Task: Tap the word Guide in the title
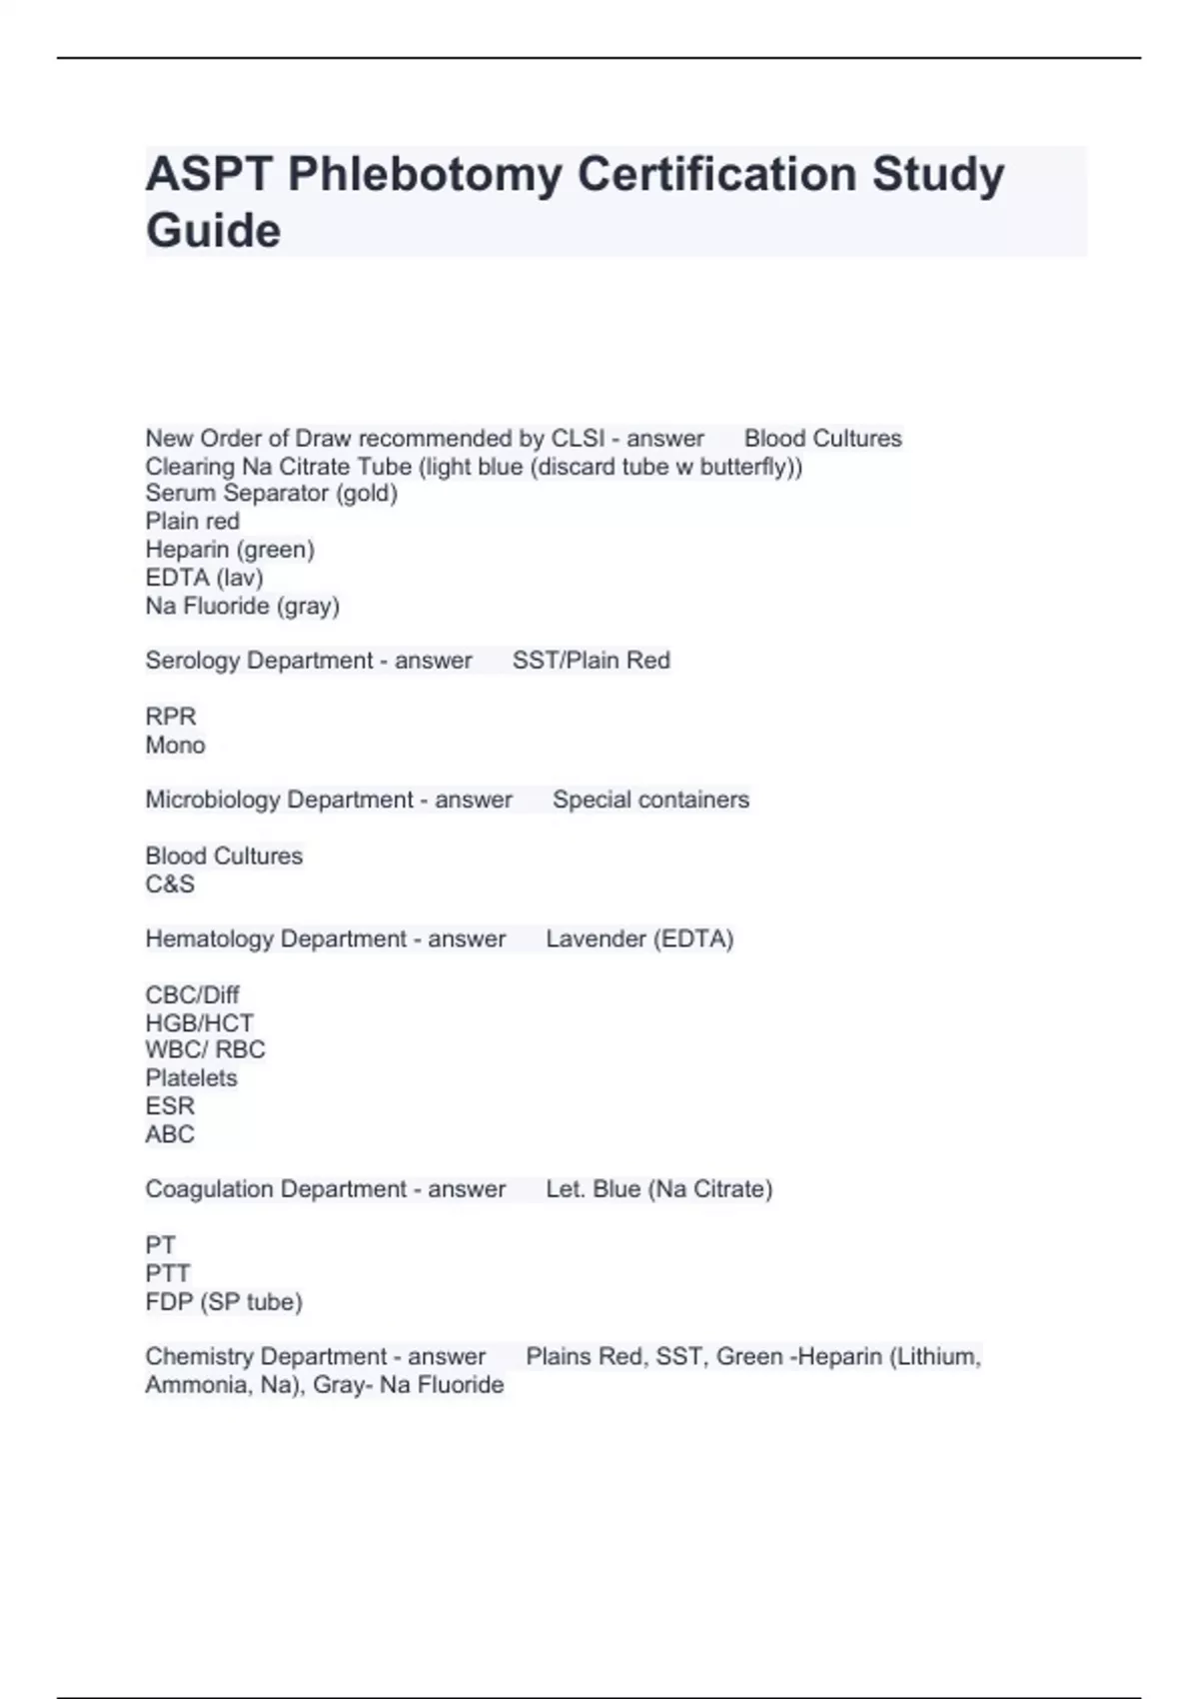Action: [213, 231]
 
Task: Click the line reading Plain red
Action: [193, 522]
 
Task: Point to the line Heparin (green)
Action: [230, 550]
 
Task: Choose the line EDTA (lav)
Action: [204, 578]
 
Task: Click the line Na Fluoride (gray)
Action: [242, 606]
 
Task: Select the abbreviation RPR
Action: [171, 717]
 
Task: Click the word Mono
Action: [175, 745]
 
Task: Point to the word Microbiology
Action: [212, 800]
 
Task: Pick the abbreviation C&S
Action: [170, 883]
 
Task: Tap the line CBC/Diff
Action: [192, 995]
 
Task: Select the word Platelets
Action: [191, 1078]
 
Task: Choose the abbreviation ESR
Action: [170, 1106]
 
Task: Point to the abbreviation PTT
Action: [167, 1273]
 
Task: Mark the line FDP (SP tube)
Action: [224, 1301]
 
